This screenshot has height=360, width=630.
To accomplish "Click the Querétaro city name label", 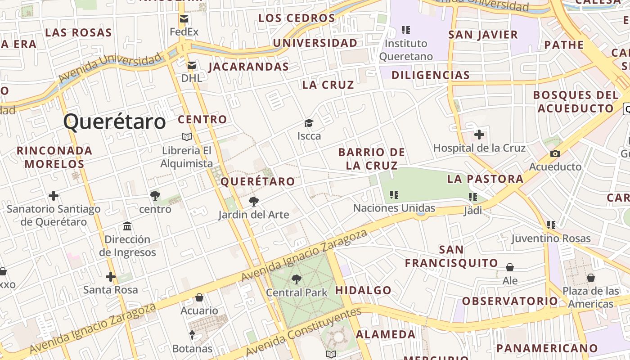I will coord(114,122).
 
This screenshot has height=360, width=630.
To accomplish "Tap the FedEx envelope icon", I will coord(184,19).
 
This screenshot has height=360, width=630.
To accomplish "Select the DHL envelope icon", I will coord(192,65).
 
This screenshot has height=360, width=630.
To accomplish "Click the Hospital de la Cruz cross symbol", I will coord(479,135).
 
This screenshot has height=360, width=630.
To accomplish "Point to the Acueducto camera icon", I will coord(555,153).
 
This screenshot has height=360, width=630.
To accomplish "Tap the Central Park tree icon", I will coord(296,279).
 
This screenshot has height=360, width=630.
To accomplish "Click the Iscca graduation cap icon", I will coord(309,123).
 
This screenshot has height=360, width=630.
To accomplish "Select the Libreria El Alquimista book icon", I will coord(186,137).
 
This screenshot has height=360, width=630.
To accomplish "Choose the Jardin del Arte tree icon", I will coord(254,202).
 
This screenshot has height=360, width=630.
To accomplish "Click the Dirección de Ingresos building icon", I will coord(127,226).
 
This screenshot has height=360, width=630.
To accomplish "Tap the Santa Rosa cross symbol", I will coord(110,276).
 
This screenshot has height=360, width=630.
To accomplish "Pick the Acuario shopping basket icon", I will coord(199,297).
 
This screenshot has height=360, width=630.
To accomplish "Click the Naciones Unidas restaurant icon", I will coord(394,195).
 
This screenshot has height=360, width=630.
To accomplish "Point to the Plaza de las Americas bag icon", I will coord(590,278).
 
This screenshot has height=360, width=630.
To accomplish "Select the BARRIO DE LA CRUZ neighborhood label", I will coord(372,158).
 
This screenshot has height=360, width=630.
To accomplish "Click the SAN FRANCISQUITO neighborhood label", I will coord(451,256).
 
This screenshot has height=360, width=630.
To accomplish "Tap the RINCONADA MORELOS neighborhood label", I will coord(54,157).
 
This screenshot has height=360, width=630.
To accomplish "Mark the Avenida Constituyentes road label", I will coord(304,331).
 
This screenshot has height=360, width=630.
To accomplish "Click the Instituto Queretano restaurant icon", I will coord(406,30).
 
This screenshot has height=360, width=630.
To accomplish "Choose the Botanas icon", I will coord(192,335).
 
